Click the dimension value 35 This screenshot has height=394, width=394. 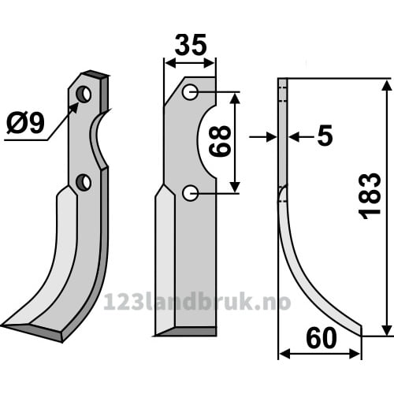tap(191, 45)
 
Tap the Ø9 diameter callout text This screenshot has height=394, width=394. tap(25, 123)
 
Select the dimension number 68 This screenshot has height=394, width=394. tap(220, 141)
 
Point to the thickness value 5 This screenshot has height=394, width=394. tap(325, 136)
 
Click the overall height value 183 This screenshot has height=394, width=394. tap(370, 196)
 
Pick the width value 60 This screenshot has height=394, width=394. tap(322, 338)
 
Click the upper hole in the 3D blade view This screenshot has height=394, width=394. tap(84, 94)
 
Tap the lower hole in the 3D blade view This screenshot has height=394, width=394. tap(84, 182)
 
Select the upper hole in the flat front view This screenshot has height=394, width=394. tap(190, 92)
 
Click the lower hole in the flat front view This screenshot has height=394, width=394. tap(190, 193)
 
